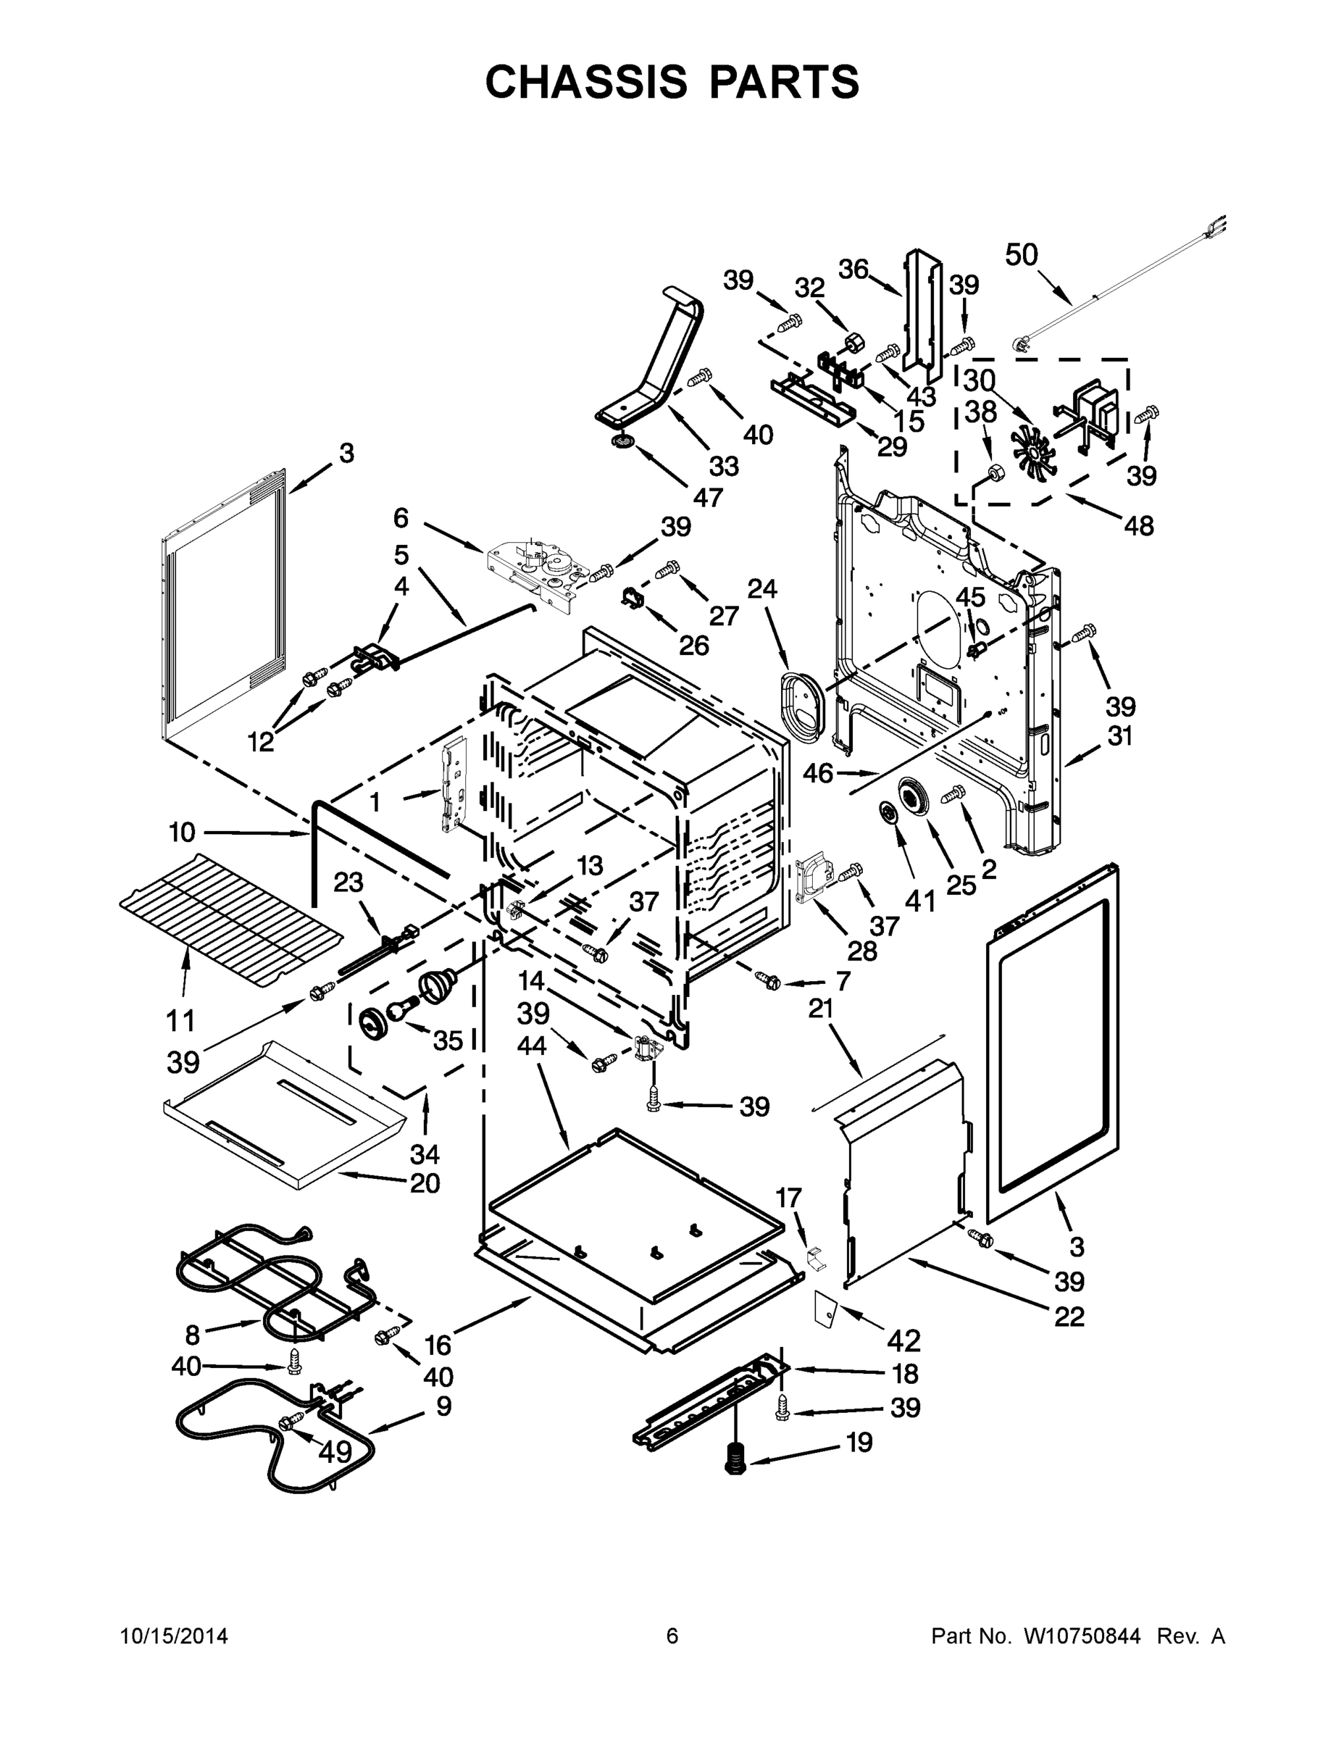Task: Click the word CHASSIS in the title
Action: (x=586, y=81)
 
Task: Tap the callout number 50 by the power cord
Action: (x=1021, y=255)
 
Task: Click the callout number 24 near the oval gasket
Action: (x=762, y=588)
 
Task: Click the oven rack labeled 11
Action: (x=231, y=913)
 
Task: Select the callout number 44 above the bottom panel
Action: (x=532, y=1045)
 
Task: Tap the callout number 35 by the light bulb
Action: (x=448, y=1040)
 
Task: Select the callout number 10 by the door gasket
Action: (x=182, y=832)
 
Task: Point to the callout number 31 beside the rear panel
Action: (x=1119, y=735)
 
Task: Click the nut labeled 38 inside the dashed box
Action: (x=993, y=473)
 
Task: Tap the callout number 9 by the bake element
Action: (x=443, y=1406)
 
